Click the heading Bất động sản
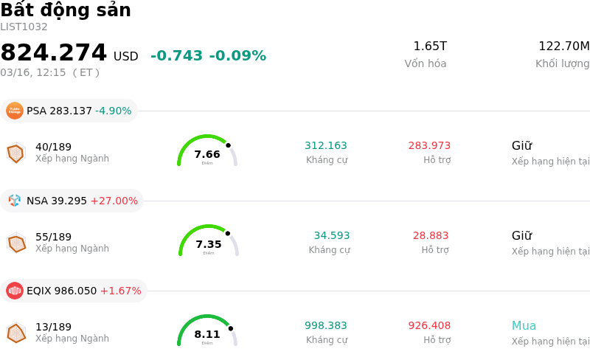[66, 10]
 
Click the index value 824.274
[54, 53]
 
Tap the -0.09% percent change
[237, 56]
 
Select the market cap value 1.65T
[430, 46]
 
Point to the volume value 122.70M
[563, 46]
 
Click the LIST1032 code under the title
[24, 27]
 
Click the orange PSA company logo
[15, 111]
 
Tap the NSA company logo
[15, 201]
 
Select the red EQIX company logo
[15, 291]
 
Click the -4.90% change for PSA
[114, 111]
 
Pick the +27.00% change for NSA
[114, 201]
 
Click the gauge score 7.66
[207, 154]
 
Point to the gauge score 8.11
[207, 334]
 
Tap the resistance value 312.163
[326, 146]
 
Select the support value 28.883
[431, 236]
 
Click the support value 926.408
[429, 326]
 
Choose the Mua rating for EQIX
[524, 326]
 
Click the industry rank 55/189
[54, 237]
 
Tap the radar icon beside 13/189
[16, 333]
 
